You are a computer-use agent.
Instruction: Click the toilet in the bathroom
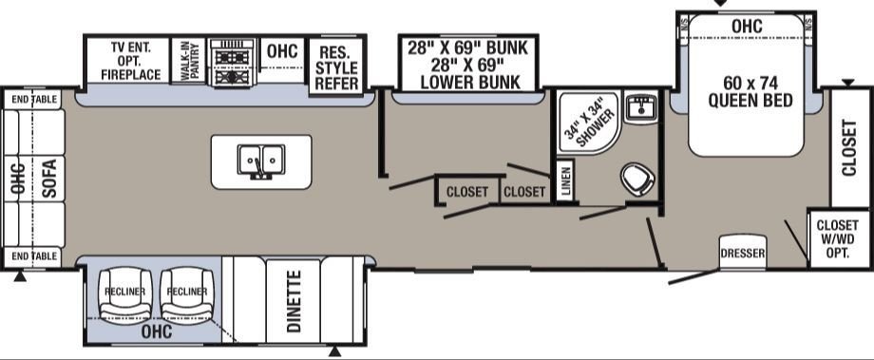637,179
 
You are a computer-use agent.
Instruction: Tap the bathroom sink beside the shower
641,106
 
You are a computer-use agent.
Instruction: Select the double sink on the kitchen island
261,160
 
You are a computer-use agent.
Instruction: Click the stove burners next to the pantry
232,62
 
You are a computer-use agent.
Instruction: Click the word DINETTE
294,301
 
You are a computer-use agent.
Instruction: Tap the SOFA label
49,179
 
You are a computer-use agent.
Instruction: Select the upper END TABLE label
34,100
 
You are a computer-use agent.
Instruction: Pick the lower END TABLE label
34,256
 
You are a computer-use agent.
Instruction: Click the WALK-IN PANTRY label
188,61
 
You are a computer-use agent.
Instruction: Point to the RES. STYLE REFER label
337,68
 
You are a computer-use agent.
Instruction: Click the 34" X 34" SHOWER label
589,123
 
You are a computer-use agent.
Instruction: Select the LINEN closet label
566,181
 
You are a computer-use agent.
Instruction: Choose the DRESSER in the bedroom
743,254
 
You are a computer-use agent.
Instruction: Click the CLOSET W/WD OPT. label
837,239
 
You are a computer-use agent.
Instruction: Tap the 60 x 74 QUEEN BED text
750,92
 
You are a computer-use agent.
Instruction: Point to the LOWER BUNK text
470,83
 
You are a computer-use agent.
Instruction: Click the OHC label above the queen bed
747,26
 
